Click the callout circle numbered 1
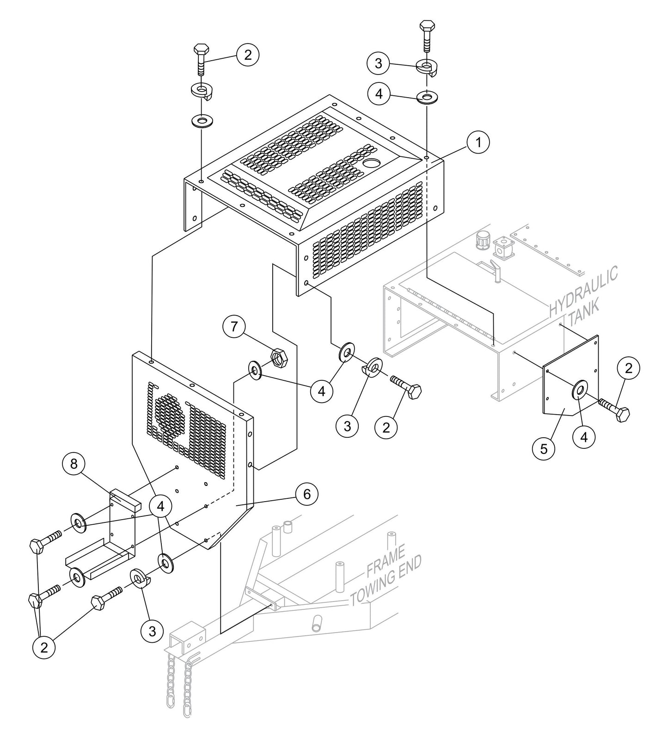coord(478,143)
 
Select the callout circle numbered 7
coord(234,327)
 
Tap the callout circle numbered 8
coord(74,464)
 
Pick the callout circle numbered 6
coord(306,494)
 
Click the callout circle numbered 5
coord(544,448)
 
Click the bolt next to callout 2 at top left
coord(202,58)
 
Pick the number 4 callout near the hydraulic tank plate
coord(584,436)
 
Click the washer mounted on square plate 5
coord(579,390)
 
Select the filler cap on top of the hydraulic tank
coord(482,239)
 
